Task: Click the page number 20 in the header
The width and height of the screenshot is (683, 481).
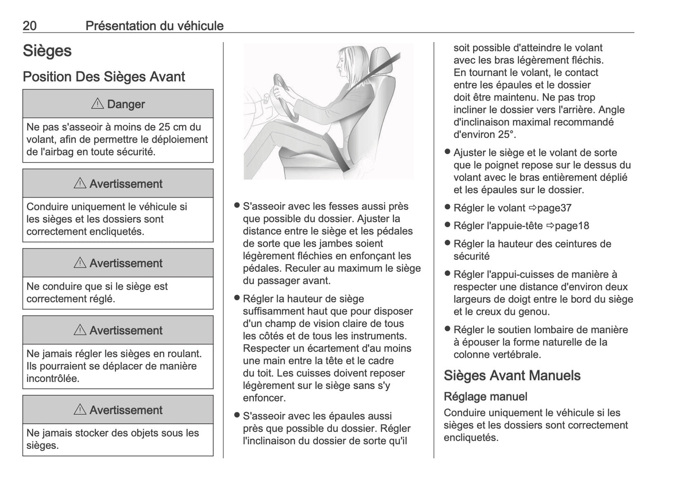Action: [x=30, y=26]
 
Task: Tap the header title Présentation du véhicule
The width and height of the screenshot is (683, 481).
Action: [x=154, y=26]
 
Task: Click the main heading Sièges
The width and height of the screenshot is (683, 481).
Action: [x=47, y=51]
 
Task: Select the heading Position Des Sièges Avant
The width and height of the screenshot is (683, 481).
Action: [x=104, y=77]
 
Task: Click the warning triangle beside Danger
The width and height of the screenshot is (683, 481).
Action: [x=97, y=104]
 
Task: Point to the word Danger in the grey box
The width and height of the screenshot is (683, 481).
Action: [x=126, y=104]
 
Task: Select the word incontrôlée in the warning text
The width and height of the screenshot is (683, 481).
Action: [x=52, y=378]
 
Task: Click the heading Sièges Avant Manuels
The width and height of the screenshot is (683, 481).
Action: [x=512, y=376]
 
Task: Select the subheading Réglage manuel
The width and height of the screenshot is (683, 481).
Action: [x=485, y=396]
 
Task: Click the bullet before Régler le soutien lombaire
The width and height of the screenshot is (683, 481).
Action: [x=447, y=329]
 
